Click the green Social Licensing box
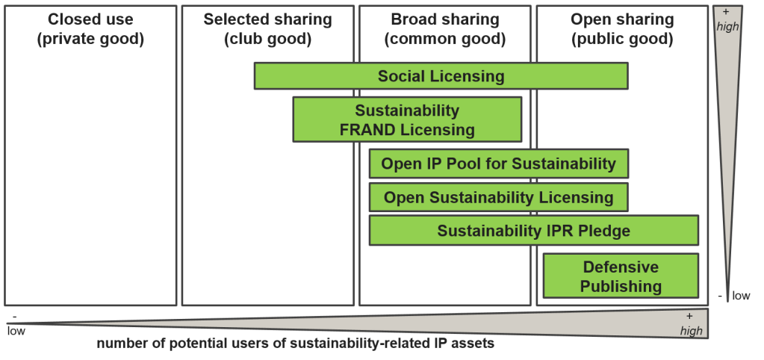tap(441, 76)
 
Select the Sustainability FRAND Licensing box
tap(407, 120)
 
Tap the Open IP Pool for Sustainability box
tap(498, 164)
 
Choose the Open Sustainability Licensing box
tap(498, 197)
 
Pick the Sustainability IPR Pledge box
tap(533, 231)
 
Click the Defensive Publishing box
tap(621, 276)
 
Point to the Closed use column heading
tap(90, 19)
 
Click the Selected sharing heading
tap(267, 19)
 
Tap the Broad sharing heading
tap(444, 19)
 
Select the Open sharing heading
tap(621, 19)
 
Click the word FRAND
tap(367, 130)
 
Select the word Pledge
tap(602, 231)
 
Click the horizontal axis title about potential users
tap(295, 344)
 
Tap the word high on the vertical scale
tap(727, 26)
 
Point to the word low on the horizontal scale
tap(16, 331)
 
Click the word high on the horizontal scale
tap(690, 330)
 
